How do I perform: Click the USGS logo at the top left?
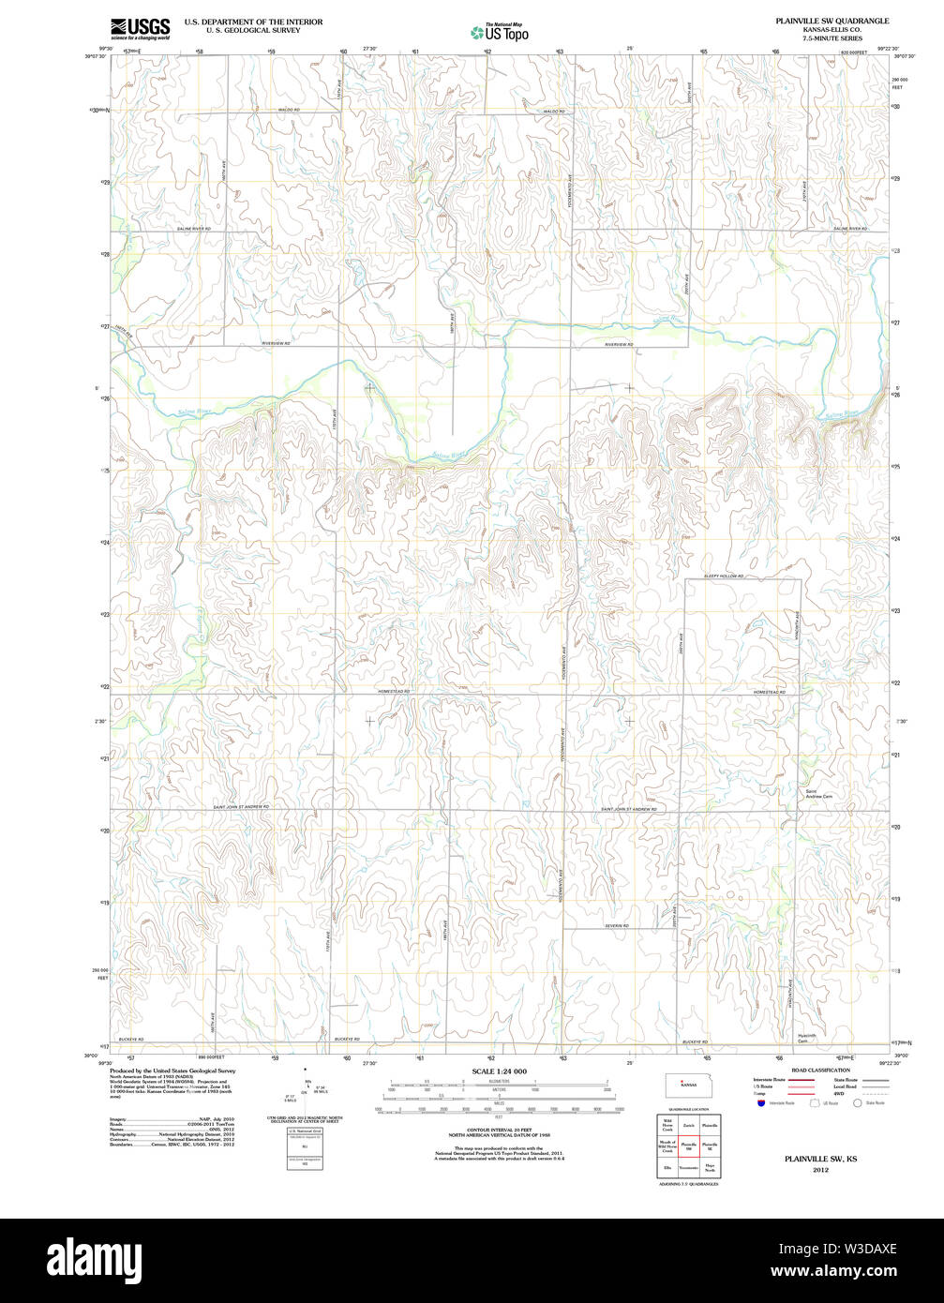140,28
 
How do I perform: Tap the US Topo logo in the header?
499,32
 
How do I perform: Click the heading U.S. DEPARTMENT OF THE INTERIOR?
253,21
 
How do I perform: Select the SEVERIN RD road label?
616,925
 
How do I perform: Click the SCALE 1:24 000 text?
500,1071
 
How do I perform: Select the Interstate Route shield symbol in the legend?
760,1103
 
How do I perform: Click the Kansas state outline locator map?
688,1085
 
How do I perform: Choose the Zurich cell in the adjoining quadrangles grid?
688,1124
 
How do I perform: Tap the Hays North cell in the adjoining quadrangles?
710,1168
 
